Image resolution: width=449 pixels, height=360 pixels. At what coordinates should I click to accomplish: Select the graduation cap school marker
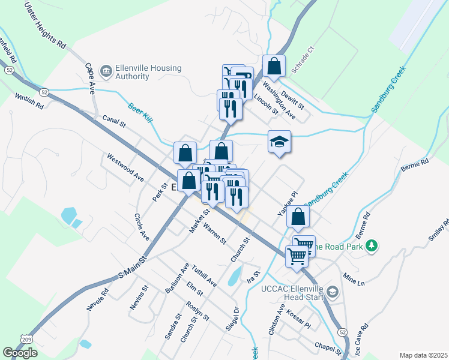(x=279, y=142)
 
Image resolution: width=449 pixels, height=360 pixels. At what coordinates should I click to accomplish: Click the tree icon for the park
(x=372, y=245)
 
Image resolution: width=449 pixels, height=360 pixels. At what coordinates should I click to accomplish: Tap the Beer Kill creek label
(x=140, y=113)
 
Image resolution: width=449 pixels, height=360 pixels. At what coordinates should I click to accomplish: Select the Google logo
(x=20, y=353)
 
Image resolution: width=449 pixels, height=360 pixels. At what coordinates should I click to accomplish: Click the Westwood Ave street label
(x=125, y=168)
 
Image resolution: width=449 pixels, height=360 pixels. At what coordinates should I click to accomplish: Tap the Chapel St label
(x=328, y=348)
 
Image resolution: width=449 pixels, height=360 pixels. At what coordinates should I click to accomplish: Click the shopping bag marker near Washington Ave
(x=274, y=66)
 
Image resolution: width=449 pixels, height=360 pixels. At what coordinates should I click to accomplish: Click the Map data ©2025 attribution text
(x=423, y=355)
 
